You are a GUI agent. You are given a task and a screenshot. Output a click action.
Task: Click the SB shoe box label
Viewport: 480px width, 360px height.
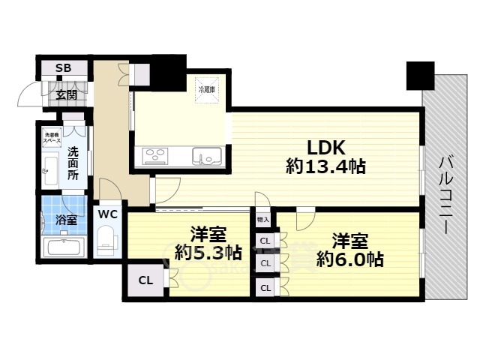pyautogui.click(x=64, y=68)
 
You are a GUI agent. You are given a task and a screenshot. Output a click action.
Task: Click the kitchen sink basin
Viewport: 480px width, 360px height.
pyautogui.click(x=206, y=157)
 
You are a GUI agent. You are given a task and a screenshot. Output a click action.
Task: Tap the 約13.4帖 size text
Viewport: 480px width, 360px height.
pyautogui.click(x=325, y=166)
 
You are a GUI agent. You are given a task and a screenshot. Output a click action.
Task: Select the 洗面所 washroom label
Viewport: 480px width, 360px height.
pyautogui.click(x=73, y=163)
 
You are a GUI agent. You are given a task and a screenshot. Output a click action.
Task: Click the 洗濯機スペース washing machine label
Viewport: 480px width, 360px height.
pyautogui.click(x=52, y=137)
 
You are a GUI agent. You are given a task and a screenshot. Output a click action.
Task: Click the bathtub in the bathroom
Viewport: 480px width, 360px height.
pyautogui.click(x=64, y=247)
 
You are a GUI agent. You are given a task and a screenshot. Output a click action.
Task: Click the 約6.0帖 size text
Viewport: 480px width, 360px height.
pyautogui.click(x=349, y=259)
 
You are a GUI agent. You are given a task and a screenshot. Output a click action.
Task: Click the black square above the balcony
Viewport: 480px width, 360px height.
pyautogui.click(x=421, y=75)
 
